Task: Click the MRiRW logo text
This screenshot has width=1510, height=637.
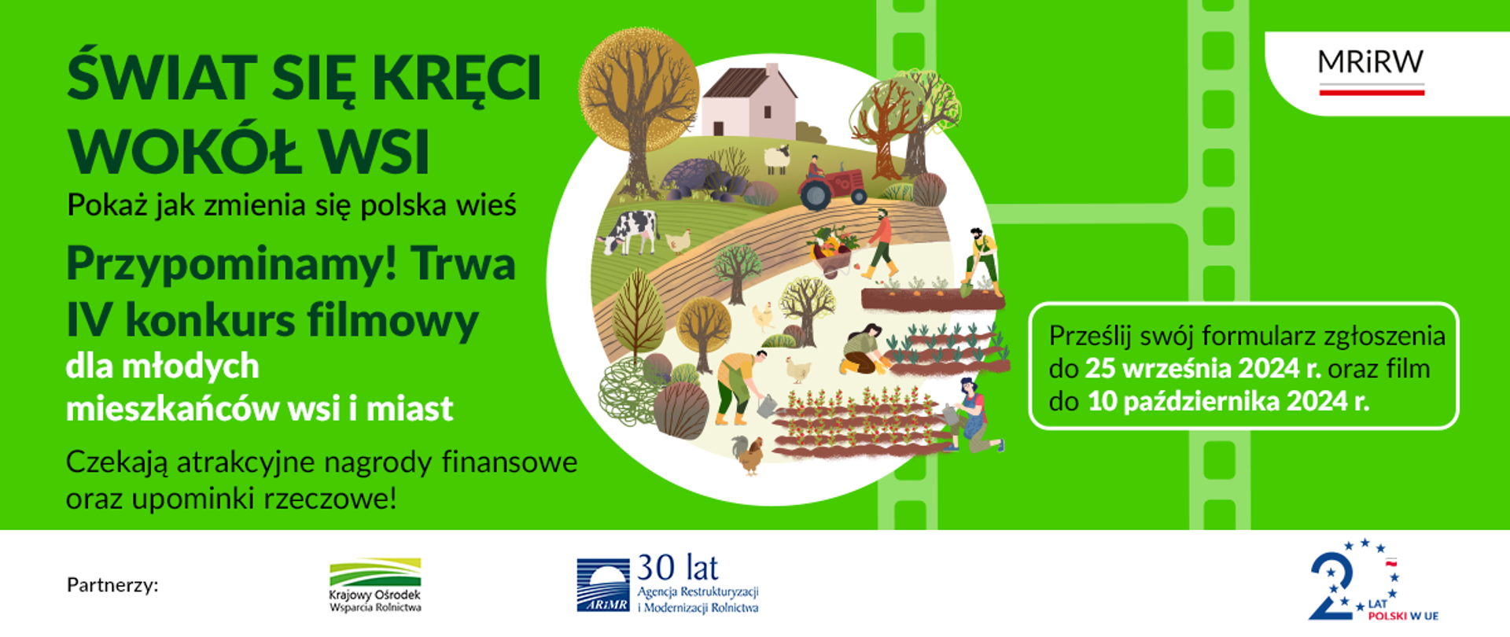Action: tap(1370, 63)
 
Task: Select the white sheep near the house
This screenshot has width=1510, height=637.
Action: tap(777, 158)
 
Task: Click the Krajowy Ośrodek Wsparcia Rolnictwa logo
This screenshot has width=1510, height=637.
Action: tap(375, 585)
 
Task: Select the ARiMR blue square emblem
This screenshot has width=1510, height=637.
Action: tap(603, 585)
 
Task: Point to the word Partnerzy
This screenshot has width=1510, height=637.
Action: tap(112, 585)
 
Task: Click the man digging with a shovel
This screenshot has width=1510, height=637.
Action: tap(980, 260)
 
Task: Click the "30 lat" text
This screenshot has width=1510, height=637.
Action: tap(677, 568)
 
